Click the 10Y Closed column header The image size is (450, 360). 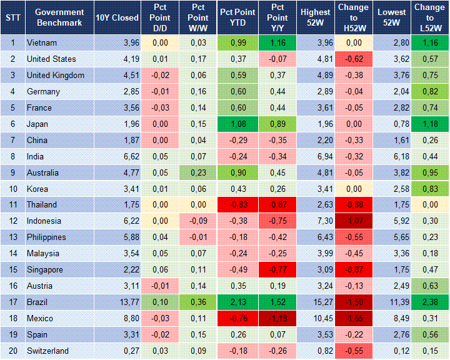click(x=117, y=17)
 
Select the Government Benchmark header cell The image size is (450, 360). click(x=59, y=17)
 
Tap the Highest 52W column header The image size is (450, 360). click(x=315, y=17)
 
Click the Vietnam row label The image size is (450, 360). click(x=41, y=42)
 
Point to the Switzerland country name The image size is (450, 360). click(x=47, y=351)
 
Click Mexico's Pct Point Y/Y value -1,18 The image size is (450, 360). click(x=276, y=319)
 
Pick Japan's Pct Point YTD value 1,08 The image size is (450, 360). click(x=237, y=124)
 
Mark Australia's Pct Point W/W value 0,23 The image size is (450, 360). click(x=198, y=172)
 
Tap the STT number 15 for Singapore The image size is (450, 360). click(x=12, y=270)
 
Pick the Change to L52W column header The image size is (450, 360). click(x=429, y=17)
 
